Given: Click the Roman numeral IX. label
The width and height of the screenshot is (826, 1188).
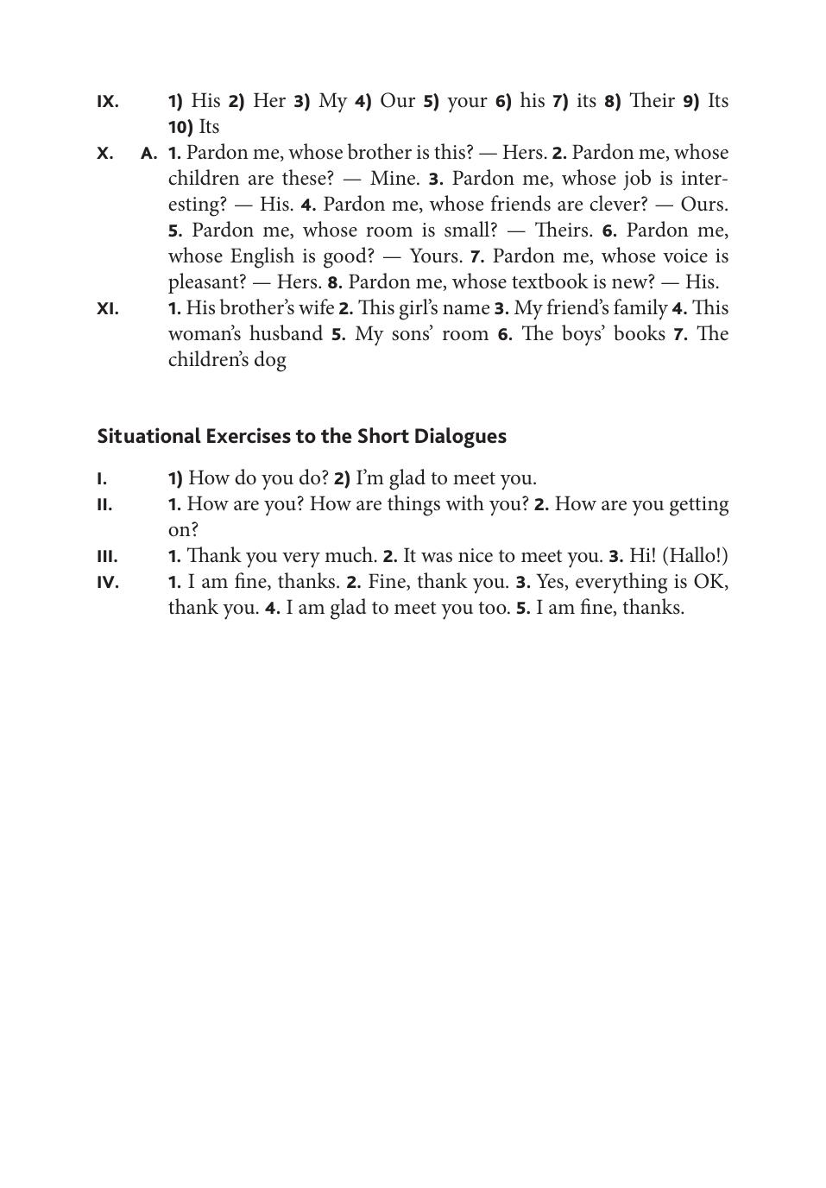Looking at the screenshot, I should tap(108, 102).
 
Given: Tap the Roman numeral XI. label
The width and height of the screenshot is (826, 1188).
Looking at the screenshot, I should tap(108, 309).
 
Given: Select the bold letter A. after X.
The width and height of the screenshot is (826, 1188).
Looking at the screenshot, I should tap(149, 154).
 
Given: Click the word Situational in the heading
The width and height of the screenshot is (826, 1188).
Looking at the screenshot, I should tap(148, 436).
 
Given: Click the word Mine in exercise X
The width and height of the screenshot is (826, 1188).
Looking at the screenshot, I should tap(394, 179).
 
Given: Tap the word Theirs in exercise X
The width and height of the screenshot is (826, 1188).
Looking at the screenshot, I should tap(563, 231).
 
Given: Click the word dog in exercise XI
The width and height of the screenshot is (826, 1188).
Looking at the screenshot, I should tap(270, 360).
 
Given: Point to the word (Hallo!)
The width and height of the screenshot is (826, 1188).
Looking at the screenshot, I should tap(695, 556).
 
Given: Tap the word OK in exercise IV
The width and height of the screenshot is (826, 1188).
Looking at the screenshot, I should tap(709, 582).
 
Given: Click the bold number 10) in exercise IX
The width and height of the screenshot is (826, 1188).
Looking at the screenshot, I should tap(180, 128).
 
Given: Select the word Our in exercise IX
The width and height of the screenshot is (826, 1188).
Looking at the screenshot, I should tap(398, 101).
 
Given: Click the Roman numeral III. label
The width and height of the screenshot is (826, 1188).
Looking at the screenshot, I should tap(107, 557).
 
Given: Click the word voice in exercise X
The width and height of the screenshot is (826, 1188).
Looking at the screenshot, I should tap(683, 256).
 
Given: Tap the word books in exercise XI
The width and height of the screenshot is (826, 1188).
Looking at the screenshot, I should tap(640, 334).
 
